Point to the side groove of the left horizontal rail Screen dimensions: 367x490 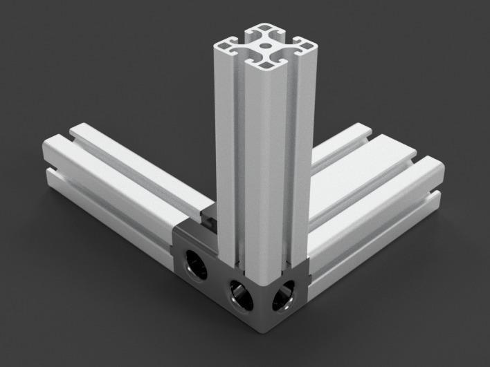tap(111, 200)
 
